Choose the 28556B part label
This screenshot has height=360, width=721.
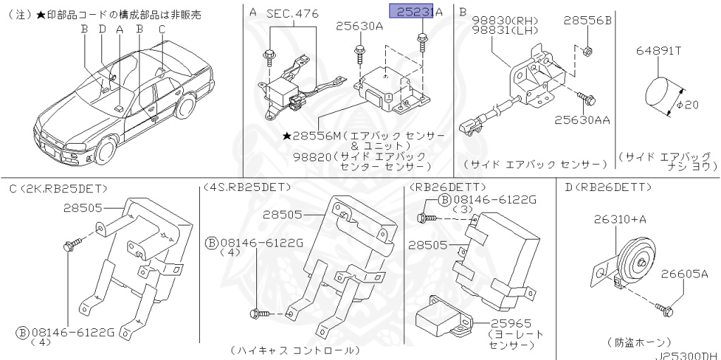pyautogui.click(x=587, y=22)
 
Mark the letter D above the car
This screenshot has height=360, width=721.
pyautogui.click(x=102, y=29)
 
